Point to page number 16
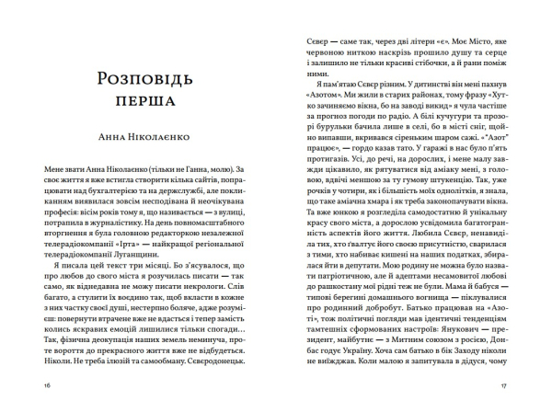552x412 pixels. [x=34, y=384]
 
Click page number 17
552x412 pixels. [x=517, y=384]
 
